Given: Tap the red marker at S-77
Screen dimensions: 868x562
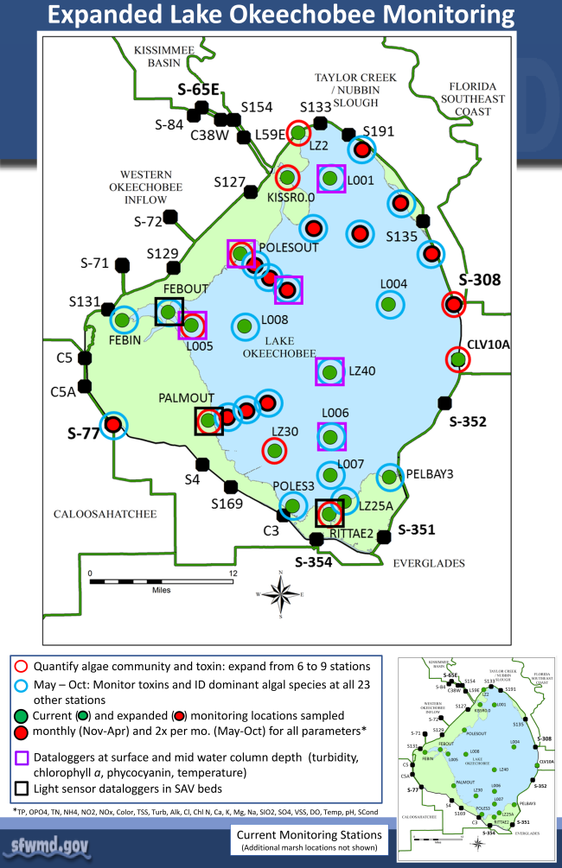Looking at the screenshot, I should point(112,425).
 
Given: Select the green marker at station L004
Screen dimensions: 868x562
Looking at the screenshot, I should point(389,303).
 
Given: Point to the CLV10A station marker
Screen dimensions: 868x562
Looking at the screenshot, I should point(458,358).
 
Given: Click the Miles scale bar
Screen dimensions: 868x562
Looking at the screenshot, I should point(162,580).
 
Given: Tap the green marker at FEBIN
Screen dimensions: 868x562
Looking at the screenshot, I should point(122,320).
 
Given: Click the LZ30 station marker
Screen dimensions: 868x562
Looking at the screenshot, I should point(274,450).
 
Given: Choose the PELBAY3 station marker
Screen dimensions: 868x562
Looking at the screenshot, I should point(389,476).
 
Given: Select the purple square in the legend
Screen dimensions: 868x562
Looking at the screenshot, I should point(22,758).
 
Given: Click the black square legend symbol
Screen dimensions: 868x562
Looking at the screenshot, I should point(22,789).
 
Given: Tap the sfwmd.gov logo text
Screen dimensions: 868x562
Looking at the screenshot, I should point(49,843).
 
